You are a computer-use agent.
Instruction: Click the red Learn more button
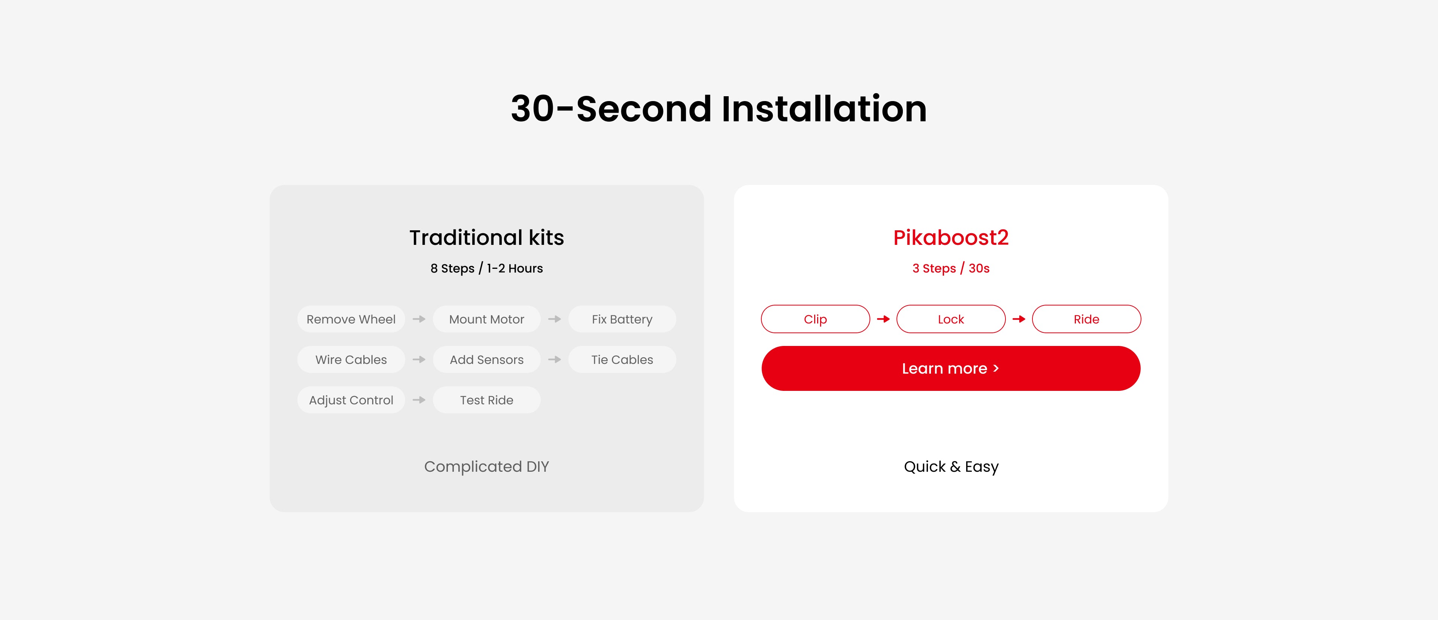pyautogui.click(x=951, y=368)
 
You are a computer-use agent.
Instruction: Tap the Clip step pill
pyautogui.click(x=815, y=319)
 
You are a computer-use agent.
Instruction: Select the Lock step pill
pyautogui.click(x=951, y=319)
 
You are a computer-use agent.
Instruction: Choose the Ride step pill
pyautogui.click(x=1086, y=319)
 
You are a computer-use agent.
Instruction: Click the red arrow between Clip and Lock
pyautogui.click(x=883, y=319)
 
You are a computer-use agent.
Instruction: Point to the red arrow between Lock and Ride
pyautogui.click(x=1019, y=319)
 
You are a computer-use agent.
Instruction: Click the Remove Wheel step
pyautogui.click(x=351, y=319)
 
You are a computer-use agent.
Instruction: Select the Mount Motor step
pyautogui.click(x=487, y=319)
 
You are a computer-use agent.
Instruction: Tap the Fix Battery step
pyautogui.click(x=622, y=319)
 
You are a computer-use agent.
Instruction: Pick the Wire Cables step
pyautogui.click(x=351, y=359)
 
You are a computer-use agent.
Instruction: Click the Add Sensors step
pyautogui.click(x=487, y=359)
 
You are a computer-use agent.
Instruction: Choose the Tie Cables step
pyautogui.click(x=622, y=359)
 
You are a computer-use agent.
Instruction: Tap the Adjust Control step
pyautogui.click(x=351, y=400)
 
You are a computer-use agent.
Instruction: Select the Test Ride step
pyautogui.click(x=487, y=400)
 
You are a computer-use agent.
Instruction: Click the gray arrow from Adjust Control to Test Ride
pyautogui.click(x=419, y=400)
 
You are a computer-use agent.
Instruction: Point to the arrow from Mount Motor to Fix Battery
pyautogui.click(x=554, y=319)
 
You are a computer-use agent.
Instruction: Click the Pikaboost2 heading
pyautogui.click(x=951, y=238)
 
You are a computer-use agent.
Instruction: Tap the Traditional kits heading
pyautogui.click(x=487, y=238)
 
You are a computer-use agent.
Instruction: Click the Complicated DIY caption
pyautogui.click(x=487, y=466)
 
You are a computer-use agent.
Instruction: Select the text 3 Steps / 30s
pyautogui.click(x=951, y=268)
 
